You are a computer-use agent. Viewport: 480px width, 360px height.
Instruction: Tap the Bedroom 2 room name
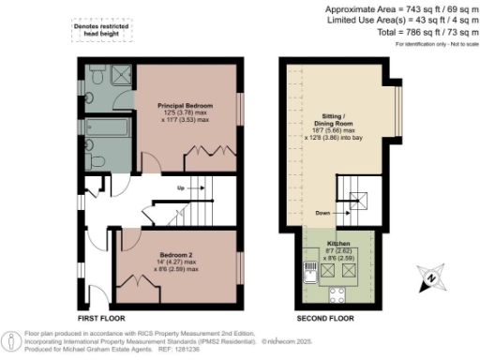(175, 255)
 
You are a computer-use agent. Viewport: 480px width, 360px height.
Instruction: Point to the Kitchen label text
(338, 242)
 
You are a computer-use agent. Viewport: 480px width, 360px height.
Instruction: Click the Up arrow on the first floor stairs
(179, 188)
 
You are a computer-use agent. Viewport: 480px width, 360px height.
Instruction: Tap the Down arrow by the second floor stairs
(324, 214)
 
